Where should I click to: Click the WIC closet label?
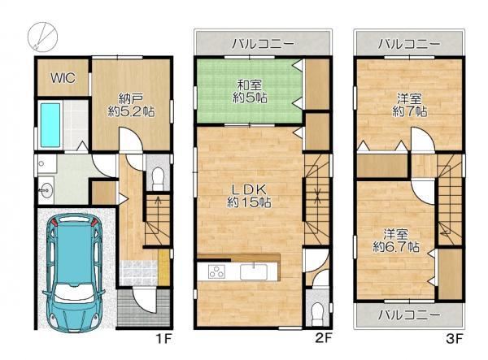coord(63,78)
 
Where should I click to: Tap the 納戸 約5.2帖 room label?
coord(131,106)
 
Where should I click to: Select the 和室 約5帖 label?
coord(250,92)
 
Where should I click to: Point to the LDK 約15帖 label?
coord(249,196)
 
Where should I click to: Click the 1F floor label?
coord(163,339)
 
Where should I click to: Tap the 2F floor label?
coord(324,338)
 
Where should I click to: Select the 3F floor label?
coord(455,339)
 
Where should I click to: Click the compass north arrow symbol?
coord(42,36)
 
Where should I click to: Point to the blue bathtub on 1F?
coord(50,125)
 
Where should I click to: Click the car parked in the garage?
coord(74,271)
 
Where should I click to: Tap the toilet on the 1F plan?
coord(158,178)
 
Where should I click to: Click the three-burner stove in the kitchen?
coord(217,271)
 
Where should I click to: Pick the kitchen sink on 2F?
coord(254,271)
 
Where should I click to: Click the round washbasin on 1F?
coord(46,190)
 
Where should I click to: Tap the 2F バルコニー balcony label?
coord(264,44)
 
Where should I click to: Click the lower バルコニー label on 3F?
coord(409,315)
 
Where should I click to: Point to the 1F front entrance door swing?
coord(143,300)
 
